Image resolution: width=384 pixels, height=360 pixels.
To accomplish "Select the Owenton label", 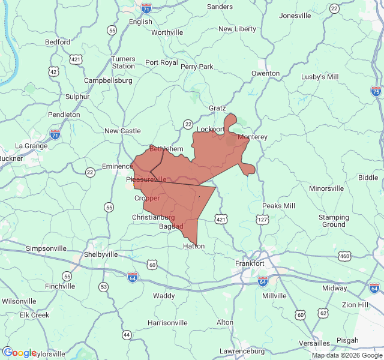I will [265, 73].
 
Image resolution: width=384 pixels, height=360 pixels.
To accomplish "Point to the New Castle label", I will [122, 131].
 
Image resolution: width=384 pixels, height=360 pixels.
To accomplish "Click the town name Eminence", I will [116, 166].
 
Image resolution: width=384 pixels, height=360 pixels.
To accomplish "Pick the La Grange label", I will [31, 146].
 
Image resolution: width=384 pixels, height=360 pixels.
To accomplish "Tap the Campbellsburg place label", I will [108, 80].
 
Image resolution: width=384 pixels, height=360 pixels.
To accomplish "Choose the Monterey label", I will [252, 137].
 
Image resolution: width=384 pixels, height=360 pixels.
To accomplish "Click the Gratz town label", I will [217, 108].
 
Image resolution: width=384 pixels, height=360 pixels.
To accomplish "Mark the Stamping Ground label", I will [334, 221].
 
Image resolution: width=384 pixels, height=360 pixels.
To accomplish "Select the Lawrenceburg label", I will [242, 351].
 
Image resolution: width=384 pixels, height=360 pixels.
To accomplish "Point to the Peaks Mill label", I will [278, 206].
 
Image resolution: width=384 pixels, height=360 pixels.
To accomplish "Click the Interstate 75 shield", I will [376, 91].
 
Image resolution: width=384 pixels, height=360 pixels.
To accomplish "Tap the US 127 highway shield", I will [262, 220].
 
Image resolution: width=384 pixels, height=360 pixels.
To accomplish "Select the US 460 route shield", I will [344, 256].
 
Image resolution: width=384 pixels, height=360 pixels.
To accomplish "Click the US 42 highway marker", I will [54, 71].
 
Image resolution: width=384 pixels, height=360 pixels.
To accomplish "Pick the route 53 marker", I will [104, 287].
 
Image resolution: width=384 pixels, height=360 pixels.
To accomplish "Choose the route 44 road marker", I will [126, 334].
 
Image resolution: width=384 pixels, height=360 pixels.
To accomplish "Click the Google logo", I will [19, 353].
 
